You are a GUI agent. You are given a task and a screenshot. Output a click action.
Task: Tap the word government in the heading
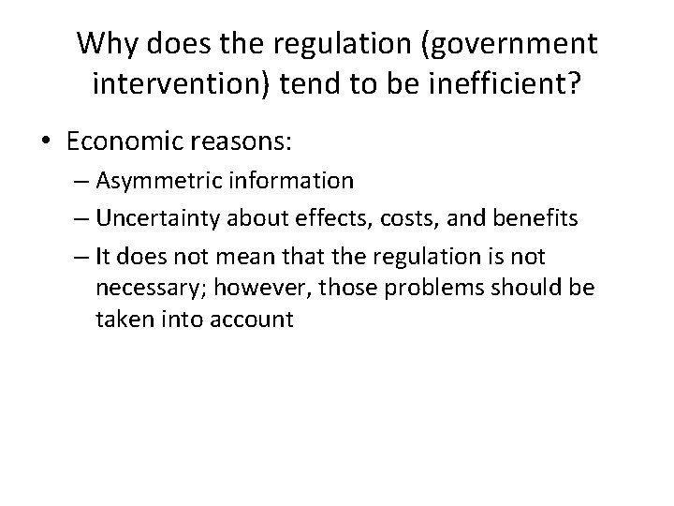coord(496,43)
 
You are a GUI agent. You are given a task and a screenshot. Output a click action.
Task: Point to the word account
coord(253,320)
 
